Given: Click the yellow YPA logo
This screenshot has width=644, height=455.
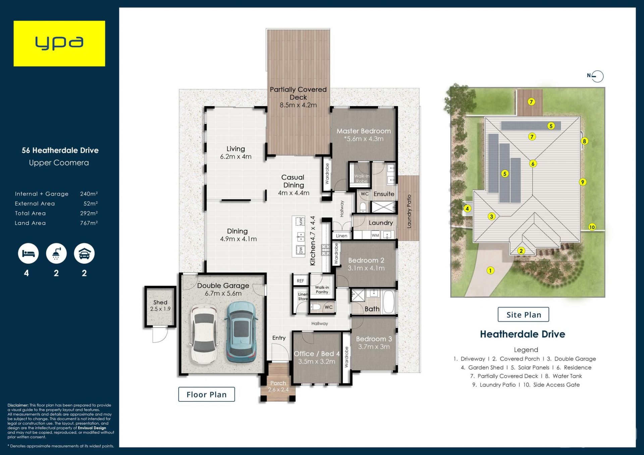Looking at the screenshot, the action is tap(59, 44).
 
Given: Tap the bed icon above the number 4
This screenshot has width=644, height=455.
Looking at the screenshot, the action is tap(28, 253).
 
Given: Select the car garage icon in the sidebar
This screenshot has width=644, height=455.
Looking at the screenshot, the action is tap(84, 253).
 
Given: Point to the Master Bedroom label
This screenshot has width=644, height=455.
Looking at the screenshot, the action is tap(364, 131).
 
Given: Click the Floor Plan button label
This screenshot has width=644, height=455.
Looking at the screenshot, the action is tap(207, 395).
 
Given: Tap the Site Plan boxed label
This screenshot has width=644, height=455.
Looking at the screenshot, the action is tap(524, 315).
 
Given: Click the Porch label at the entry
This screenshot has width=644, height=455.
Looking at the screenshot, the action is tap(278, 383).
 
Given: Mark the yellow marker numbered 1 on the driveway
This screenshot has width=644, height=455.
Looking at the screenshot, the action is tap(490, 271).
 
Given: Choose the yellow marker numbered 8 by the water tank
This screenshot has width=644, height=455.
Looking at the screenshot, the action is tap(584, 141).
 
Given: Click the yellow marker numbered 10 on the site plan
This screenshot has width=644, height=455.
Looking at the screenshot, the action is tap(592, 227).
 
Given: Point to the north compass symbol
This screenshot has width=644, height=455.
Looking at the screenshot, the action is tap(596, 76).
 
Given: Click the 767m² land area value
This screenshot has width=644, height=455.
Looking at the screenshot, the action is tap(89, 223).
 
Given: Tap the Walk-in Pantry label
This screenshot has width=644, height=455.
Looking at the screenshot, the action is tap(322, 290).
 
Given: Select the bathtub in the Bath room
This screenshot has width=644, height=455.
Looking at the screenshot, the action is tap(389, 302).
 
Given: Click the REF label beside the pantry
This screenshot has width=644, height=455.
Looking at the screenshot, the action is tap(301, 281).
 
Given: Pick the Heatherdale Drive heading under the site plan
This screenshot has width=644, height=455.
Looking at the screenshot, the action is tap(523, 334).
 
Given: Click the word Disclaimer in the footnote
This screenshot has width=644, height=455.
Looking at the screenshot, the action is tap(18, 405).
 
